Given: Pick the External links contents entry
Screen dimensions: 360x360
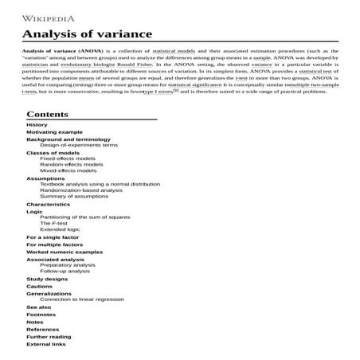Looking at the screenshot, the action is (x=46, y=344).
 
